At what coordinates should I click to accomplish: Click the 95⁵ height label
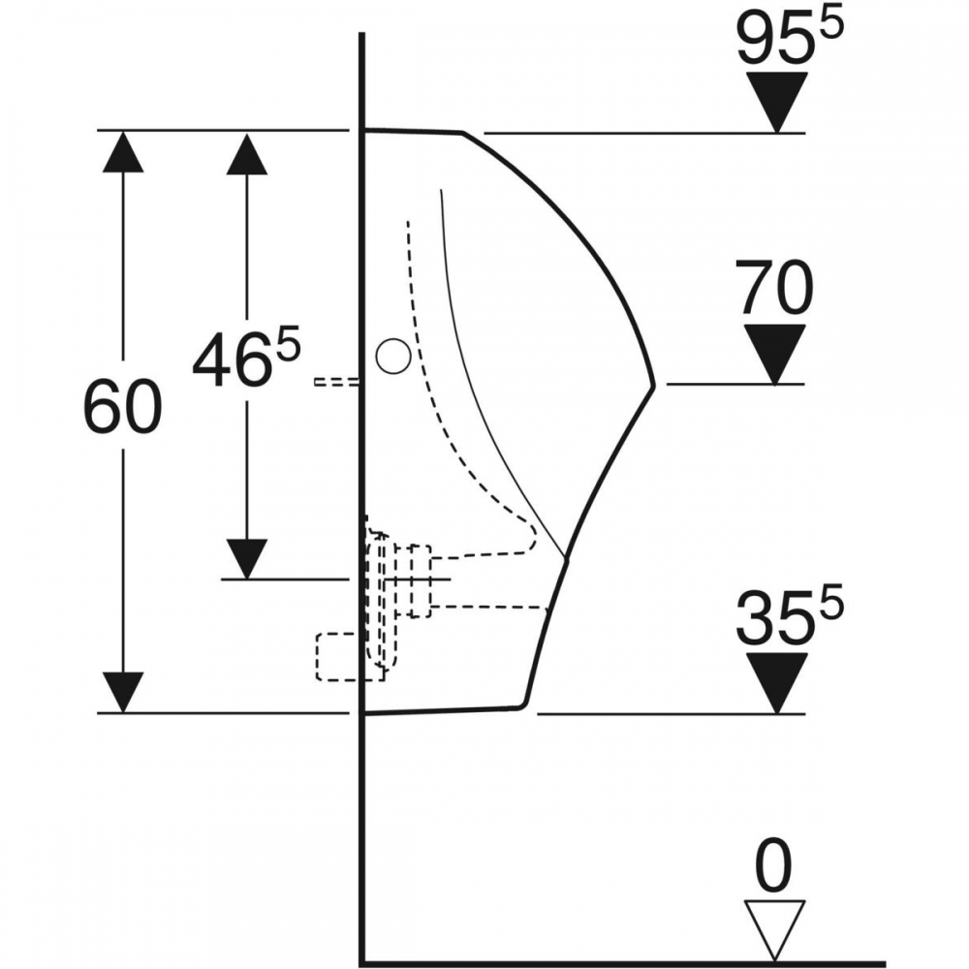[x=791, y=38]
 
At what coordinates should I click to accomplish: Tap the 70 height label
[x=774, y=288]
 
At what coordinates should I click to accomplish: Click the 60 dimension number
[x=122, y=406]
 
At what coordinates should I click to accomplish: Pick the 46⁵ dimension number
[x=246, y=359]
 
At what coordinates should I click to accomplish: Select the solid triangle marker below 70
[x=775, y=354]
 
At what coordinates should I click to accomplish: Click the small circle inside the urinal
[x=393, y=357]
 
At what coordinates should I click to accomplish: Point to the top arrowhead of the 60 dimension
[x=123, y=152]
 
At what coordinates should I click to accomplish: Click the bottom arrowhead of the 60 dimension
[x=123, y=692]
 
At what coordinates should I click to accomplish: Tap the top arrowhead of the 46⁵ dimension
[x=246, y=154]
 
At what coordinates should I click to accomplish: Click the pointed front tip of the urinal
[x=653, y=385]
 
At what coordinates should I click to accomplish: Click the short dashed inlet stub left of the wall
[x=337, y=382]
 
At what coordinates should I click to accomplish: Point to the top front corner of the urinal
[x=462, y=133]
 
